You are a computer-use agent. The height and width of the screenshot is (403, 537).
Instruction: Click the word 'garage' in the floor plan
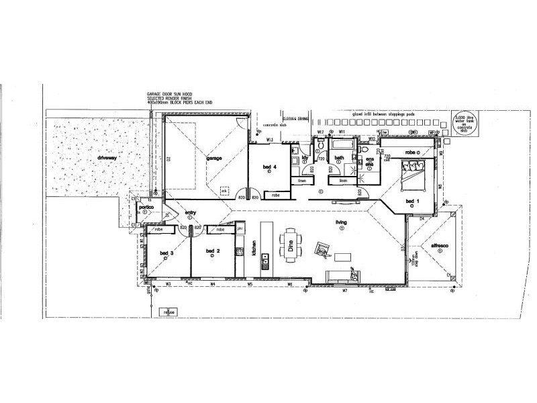pyautogui.click(x=214, y=159)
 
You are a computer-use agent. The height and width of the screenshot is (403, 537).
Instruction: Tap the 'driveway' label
pyautogui.click(x=107, y=158)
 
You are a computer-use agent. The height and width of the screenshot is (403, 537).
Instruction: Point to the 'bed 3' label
pyautogui.click(x=166, y=253)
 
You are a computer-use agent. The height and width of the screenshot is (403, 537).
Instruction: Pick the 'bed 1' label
pyautogui.click(x=412, y=201)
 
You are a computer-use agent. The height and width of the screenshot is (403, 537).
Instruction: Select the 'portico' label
pyautogui.click(x=146, y=208)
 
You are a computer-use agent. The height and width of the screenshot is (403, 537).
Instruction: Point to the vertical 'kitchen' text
pyautogui.click(x=254, y=249)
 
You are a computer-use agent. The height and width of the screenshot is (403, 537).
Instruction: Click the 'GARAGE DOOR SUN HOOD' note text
pyautogui.click(x=171, y=95)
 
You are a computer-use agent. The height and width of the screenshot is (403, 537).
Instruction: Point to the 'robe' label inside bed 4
pyautogui.click(x=275, y=195)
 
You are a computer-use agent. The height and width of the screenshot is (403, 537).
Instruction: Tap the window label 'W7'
pyautogui.click(x=344, y=290)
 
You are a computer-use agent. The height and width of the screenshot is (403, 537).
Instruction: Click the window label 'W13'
pyautogui.click(x=268, y=140)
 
